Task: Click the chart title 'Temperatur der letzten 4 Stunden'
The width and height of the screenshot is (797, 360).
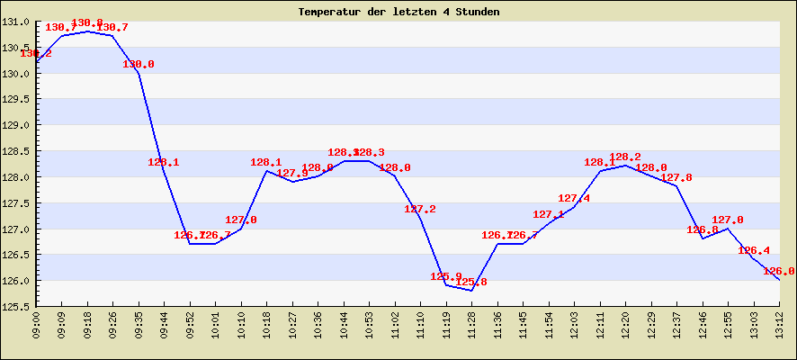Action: (398, 12)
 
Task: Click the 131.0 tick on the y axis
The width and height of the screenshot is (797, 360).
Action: (18, 22)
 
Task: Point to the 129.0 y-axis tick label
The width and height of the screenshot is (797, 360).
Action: (18, 125)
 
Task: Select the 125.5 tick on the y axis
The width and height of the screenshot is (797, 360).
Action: (18, 307)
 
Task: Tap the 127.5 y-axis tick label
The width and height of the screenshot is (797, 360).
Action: (18, 203)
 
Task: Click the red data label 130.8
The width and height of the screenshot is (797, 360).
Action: (86, 22)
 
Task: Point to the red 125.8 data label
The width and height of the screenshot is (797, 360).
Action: (471, 283)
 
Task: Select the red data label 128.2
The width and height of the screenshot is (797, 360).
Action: (625, 157)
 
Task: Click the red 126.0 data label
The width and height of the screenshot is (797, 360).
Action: (778, 271)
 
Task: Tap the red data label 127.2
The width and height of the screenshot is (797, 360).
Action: (420, 209)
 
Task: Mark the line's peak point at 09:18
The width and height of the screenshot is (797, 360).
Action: (87, 31)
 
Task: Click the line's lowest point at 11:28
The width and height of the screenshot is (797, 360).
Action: (471, 291)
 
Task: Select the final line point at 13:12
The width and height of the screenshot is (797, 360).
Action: (779, 280)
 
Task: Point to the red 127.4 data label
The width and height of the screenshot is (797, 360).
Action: (574, 198)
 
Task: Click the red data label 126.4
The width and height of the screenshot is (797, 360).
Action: (753, 250)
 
